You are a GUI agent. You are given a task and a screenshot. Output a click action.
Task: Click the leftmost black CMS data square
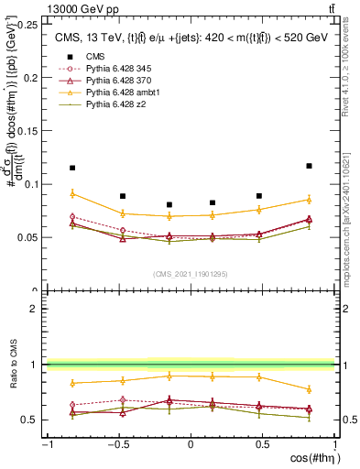tap(72, 168)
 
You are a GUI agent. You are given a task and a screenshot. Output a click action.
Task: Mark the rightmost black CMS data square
tap(309, 166)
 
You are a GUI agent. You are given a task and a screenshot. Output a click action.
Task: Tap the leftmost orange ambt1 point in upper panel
tap(72, 193)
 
